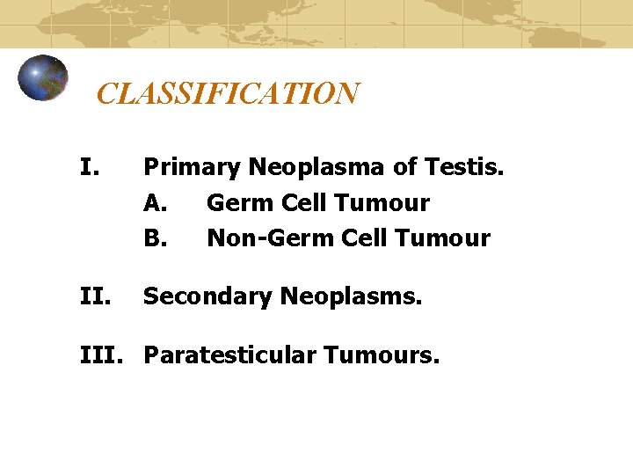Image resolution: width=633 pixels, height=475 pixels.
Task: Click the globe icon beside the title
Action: pos(43,77)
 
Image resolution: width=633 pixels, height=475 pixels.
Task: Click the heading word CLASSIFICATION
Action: pos(227,93)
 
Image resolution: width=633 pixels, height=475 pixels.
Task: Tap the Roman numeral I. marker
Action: pos(88,166)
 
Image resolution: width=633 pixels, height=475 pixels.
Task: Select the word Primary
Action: pos(193,167)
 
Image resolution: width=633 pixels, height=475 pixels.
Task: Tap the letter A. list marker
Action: pos(156,203)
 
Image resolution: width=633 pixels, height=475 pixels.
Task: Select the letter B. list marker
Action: pos(156,238)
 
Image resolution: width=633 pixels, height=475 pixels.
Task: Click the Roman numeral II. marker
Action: pos(92,296)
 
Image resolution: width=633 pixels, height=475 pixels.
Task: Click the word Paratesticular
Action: pos(231,355)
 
